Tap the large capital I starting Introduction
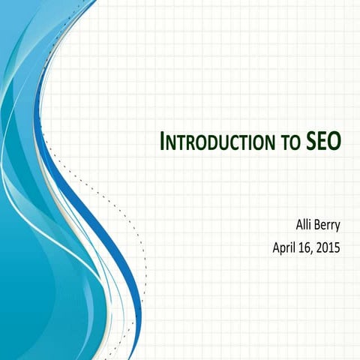[x=165, y=140]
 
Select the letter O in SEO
[x=334, y=140]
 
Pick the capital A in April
[x=276, y=244]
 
